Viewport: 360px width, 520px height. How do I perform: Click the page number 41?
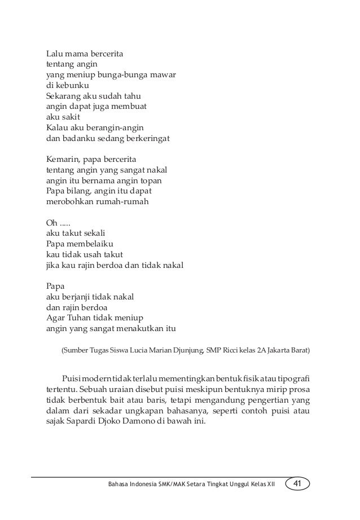[x=298, y=484]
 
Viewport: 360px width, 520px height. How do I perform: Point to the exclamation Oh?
[x=51, y=222]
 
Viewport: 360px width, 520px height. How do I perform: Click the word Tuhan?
[x=83, y=316]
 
